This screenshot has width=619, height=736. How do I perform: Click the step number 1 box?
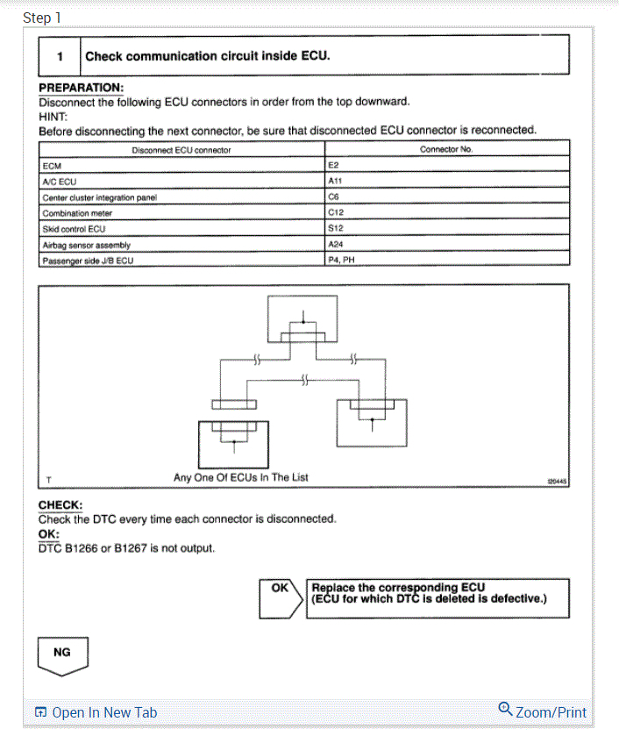pyautogui.click(x=60, y=56)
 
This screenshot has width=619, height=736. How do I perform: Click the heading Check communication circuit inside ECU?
pyautogui.click(x=207, y=56)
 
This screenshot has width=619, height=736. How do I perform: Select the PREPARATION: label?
pyautogui.click(x=81, y=89)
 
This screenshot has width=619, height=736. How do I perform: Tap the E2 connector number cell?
pyautogui.click(x=333, y=165)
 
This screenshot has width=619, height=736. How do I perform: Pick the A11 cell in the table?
pyautogui.click(x=334, y=181)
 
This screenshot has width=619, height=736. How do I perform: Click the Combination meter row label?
pyautogui.click(x=77, y=213)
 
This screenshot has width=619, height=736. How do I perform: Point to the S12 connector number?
pyautogui.click(x=334, y=229)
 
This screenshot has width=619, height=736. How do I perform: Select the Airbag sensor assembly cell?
pyautogui.click(x=86, y=245)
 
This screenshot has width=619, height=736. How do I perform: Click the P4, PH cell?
pyautogui.click(x=341, y=261)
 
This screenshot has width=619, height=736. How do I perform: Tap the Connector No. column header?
pyautogui.click(x=445, y=150)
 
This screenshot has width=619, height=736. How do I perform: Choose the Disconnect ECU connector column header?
pyautogui.click(x=181, y=150)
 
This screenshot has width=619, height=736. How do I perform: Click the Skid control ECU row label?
pyautogui.click(x=74, y=229)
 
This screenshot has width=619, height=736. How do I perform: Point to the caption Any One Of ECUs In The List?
pyautogui.click(x=241, y=477)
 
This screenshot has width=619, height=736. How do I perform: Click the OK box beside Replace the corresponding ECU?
pyautogui.click(x=281, y=589)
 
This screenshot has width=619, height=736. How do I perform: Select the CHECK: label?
pyautogui.click(x=60, y=505)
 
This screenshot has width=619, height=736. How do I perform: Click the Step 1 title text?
pyautogui.click(x=42, y=18)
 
